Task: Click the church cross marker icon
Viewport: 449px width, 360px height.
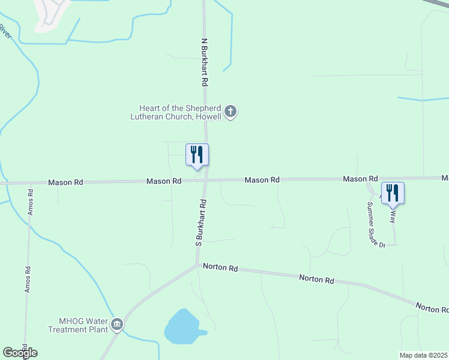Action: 231,112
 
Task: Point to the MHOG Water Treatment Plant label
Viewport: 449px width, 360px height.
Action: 79,325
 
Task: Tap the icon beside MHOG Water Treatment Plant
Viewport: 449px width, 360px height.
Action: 117,325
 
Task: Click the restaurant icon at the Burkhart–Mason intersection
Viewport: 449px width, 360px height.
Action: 197,155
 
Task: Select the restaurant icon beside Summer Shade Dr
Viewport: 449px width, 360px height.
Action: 393,193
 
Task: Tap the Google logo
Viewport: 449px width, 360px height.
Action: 20,352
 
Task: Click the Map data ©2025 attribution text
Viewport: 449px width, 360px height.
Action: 424,355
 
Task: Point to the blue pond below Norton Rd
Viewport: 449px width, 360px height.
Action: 182,328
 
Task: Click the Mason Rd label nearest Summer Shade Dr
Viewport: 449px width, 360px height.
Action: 360,179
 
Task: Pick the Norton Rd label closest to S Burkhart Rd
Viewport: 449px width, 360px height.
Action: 220,268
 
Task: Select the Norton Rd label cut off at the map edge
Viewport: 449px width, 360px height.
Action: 432,308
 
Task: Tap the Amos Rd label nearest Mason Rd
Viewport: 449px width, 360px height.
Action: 30,202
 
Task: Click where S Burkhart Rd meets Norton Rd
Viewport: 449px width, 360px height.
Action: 197,265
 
